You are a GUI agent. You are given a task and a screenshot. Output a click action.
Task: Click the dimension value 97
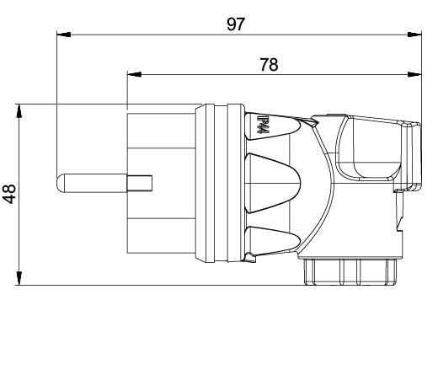tap(236, 24)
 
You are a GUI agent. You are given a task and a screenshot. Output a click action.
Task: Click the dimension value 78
tap(269, 65)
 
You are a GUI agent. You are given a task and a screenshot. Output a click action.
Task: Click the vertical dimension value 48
tap(9, 194)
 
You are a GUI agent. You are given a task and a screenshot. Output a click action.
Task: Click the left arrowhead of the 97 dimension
tap(63, 35)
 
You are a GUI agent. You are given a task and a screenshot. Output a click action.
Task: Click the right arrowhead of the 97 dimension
tap(414, 35)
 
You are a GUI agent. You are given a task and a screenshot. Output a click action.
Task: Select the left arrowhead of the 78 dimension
tap(134, 74)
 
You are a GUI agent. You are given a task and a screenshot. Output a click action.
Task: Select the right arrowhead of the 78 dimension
tap(414, 74)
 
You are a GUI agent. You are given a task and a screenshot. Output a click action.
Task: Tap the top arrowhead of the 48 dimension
tap(19, 110)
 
